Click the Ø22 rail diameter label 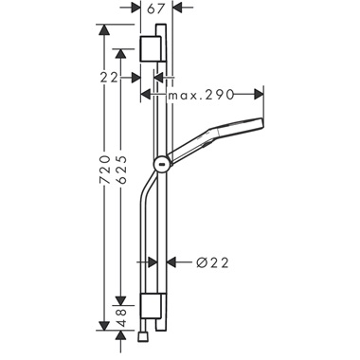(214, 262)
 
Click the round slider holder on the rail (163, 164)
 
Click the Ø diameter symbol (200, 262)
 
